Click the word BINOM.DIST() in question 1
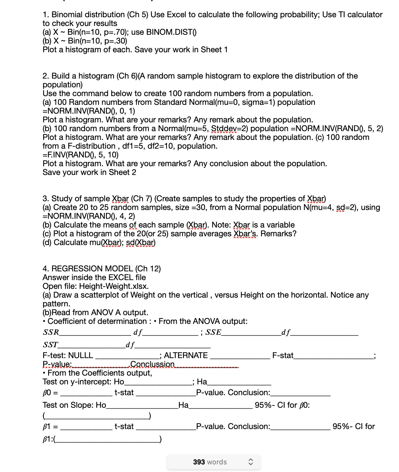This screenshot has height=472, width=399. (171, 32)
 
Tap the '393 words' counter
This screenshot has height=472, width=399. (210, 462)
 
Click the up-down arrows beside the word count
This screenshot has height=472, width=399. (250, 462)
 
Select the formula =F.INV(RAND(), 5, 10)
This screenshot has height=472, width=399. (81, 155)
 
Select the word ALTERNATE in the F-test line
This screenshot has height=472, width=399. (186, 355)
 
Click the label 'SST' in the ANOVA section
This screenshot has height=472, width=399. (50, 345)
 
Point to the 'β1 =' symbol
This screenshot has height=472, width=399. (50, 426)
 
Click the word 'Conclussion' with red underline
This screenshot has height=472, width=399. (152, 364)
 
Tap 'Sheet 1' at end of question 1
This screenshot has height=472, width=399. (214, 50)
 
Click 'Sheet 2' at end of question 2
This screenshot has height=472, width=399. (122, 172)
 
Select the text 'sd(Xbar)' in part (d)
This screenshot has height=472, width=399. (141, 242)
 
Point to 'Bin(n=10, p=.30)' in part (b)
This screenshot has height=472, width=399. (97, 41)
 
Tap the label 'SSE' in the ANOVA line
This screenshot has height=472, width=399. (213, 332)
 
